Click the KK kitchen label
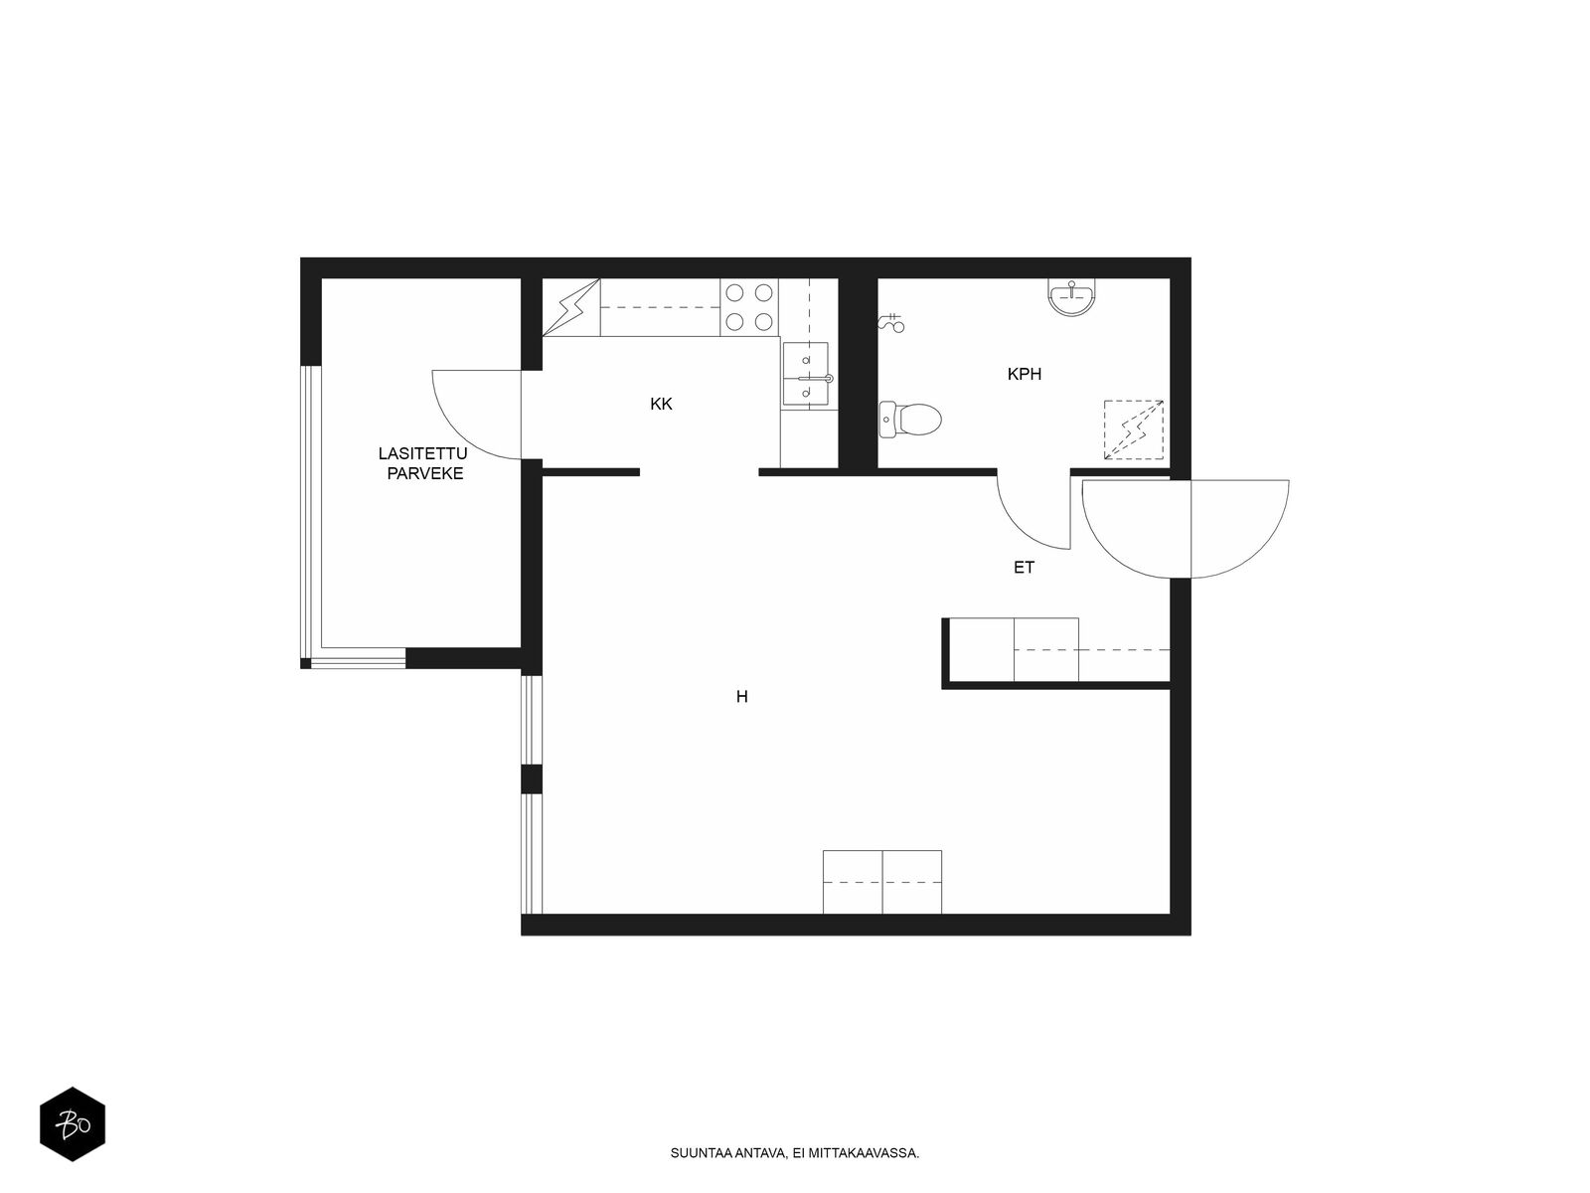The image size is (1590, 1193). [x=661, y=405]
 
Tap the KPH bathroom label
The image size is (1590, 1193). [x=1025, y=375]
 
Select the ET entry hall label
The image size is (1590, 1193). [x=1024, y=568]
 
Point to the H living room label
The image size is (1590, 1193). [x=741, y=697]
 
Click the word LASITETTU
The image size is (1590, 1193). [x=422, y=453]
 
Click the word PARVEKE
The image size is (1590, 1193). [x=424, y=474]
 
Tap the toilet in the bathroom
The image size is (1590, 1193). [x=910, y=420]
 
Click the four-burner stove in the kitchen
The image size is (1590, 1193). [x=749, y=307]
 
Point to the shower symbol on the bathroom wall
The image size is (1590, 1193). [x=891, y=323]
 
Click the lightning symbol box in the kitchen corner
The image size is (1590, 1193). [x=571, y=307]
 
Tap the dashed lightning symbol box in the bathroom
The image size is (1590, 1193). [x=1134, y=429]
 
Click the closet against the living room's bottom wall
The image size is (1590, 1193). [x=882, y=882]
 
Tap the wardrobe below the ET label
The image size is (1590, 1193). [x=1056, y=650]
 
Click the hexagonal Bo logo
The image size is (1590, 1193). [x=73, y=1124]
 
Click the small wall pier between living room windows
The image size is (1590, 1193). [x=532, y=778]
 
